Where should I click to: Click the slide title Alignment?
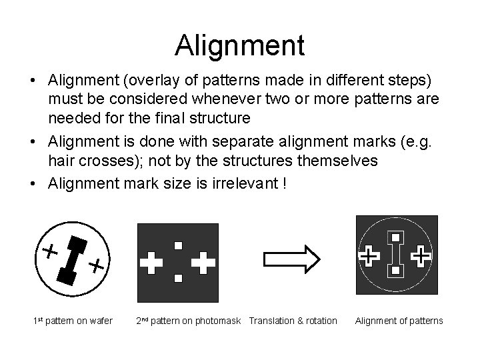(x=239, y=45)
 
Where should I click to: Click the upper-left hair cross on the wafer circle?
(x=49, y=251)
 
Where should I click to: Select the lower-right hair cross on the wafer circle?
(x=97, y=266)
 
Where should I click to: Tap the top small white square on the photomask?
(x=178, y=245)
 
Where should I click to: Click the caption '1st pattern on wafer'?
(x=73, y=321)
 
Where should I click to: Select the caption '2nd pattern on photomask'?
(x=189, y=321)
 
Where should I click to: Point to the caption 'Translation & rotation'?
(x=293, y=321)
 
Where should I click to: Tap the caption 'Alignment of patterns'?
(x=399, y=321)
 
